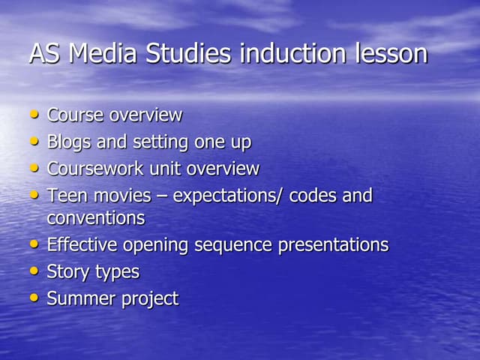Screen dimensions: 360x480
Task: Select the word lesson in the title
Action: tap(386, 54)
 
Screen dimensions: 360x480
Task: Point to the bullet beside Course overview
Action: tap(34, 115)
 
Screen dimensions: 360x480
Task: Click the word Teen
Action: tap(65, 196)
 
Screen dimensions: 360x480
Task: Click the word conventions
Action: tap(95, 218)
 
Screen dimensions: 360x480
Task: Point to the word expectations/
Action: tap(228, 196)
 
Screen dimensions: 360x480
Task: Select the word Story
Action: tap(67, 271)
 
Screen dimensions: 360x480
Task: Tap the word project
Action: tap(148, 298)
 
